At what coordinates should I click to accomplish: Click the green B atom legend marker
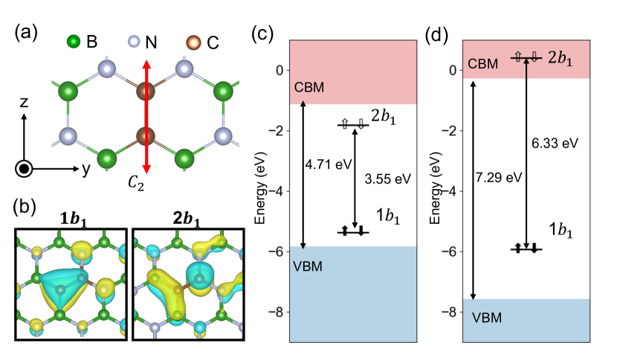(x=73, y=42)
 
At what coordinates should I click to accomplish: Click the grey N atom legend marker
(x=134, y=42)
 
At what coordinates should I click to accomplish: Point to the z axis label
(x=25, y=103)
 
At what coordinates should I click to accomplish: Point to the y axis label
(x=86, y=170)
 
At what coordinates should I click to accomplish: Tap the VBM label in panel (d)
(x=486, y=318)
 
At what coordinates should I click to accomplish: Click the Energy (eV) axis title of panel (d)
(x=432, y=191)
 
